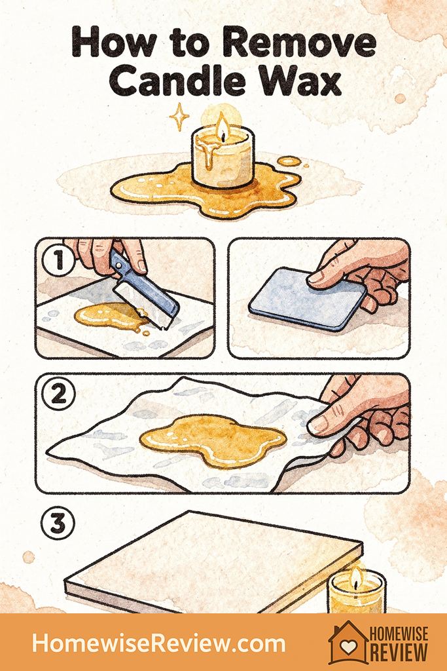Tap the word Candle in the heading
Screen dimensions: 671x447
click(x=183, y=82)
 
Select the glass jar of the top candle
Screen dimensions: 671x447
click(x=222, y=161)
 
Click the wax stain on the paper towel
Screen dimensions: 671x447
click(x=213, y=435)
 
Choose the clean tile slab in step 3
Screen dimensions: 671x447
click(x=216, y=564)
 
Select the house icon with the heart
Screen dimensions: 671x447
click(x=346, y=642)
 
